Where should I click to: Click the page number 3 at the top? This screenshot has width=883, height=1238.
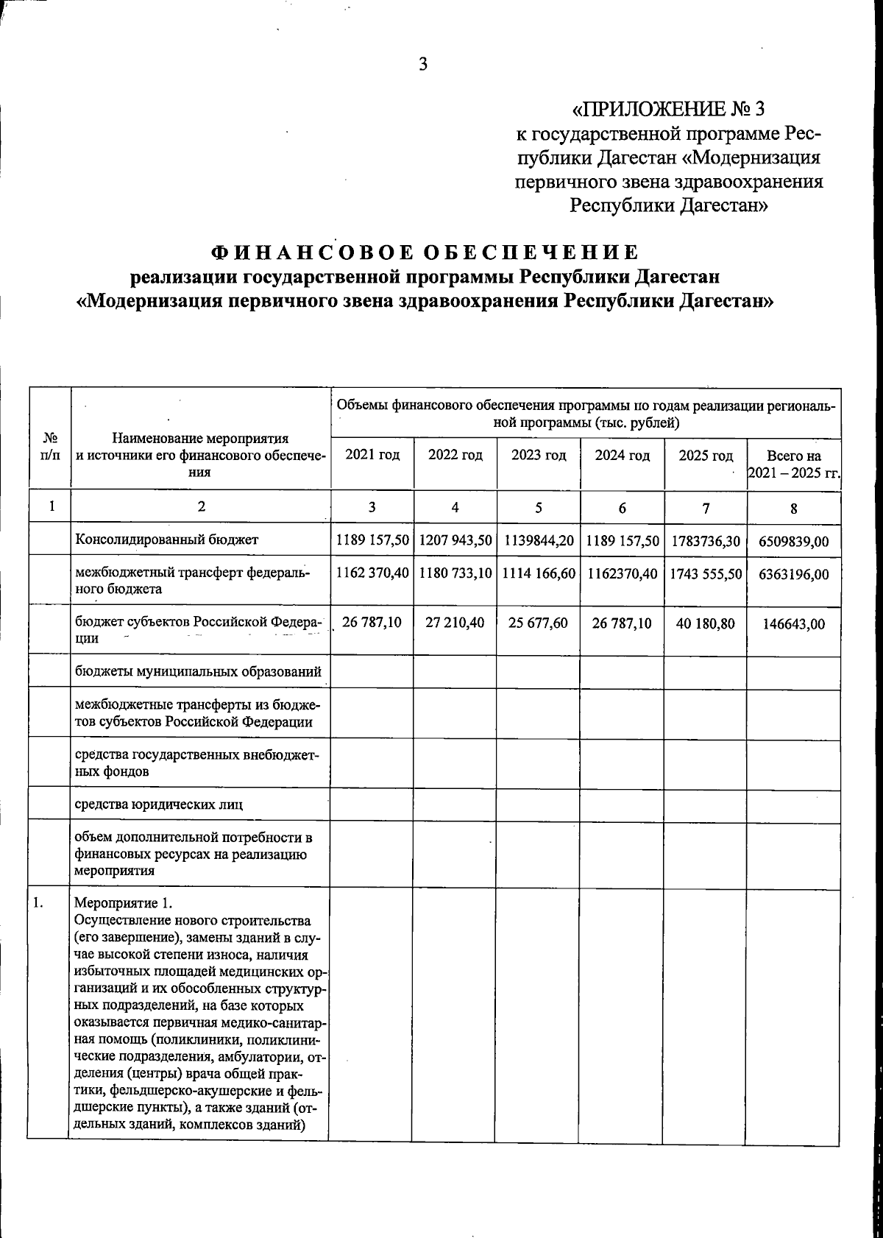pyautogui.click(x=423, y=65)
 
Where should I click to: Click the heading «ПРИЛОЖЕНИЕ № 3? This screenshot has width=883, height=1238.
pyautogui.click(x=668, y=110)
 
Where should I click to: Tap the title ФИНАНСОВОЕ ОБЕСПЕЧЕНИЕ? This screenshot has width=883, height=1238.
pyautogui.click(x=425, y=252)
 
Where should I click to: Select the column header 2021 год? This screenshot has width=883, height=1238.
pyautogui.click(x=372, y=456)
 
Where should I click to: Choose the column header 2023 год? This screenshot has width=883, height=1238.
pyautogui.click(x=539, y=456)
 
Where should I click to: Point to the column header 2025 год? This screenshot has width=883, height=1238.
pyautogui.click(x=706, y=456)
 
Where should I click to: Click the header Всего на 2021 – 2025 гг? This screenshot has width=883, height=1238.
pyautogui.click(x=793, y=464)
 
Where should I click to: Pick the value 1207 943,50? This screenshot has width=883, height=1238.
pyautogui.click(x=455, y=541)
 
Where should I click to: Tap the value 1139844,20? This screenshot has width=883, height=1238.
pyautogui.click(x=539, y=541)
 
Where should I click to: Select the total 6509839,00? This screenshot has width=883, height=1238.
pyautogui.click(x=793, y=542)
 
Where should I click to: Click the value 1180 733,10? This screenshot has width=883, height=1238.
pyautogui.click(x=455, y=573)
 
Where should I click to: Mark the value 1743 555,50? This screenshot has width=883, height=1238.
pyautogui.click(x=706, y=574)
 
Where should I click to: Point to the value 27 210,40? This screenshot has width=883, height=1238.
pyautogui.click(x=455, y=623)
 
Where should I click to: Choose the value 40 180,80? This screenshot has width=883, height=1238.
pyautogui.click(x=706, y=623)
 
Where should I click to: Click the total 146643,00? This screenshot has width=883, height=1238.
pyautogui.click(x=793, y=624)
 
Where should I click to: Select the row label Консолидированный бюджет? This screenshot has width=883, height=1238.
pyautogui.click(x=166, y=540)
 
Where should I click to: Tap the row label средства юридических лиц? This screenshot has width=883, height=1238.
pyautogui.click(x=159, y=804)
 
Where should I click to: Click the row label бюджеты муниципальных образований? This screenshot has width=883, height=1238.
pyautogui.click(x=199, y=672)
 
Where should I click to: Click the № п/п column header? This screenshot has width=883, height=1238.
pyautogui.click(x=50, y=448)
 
